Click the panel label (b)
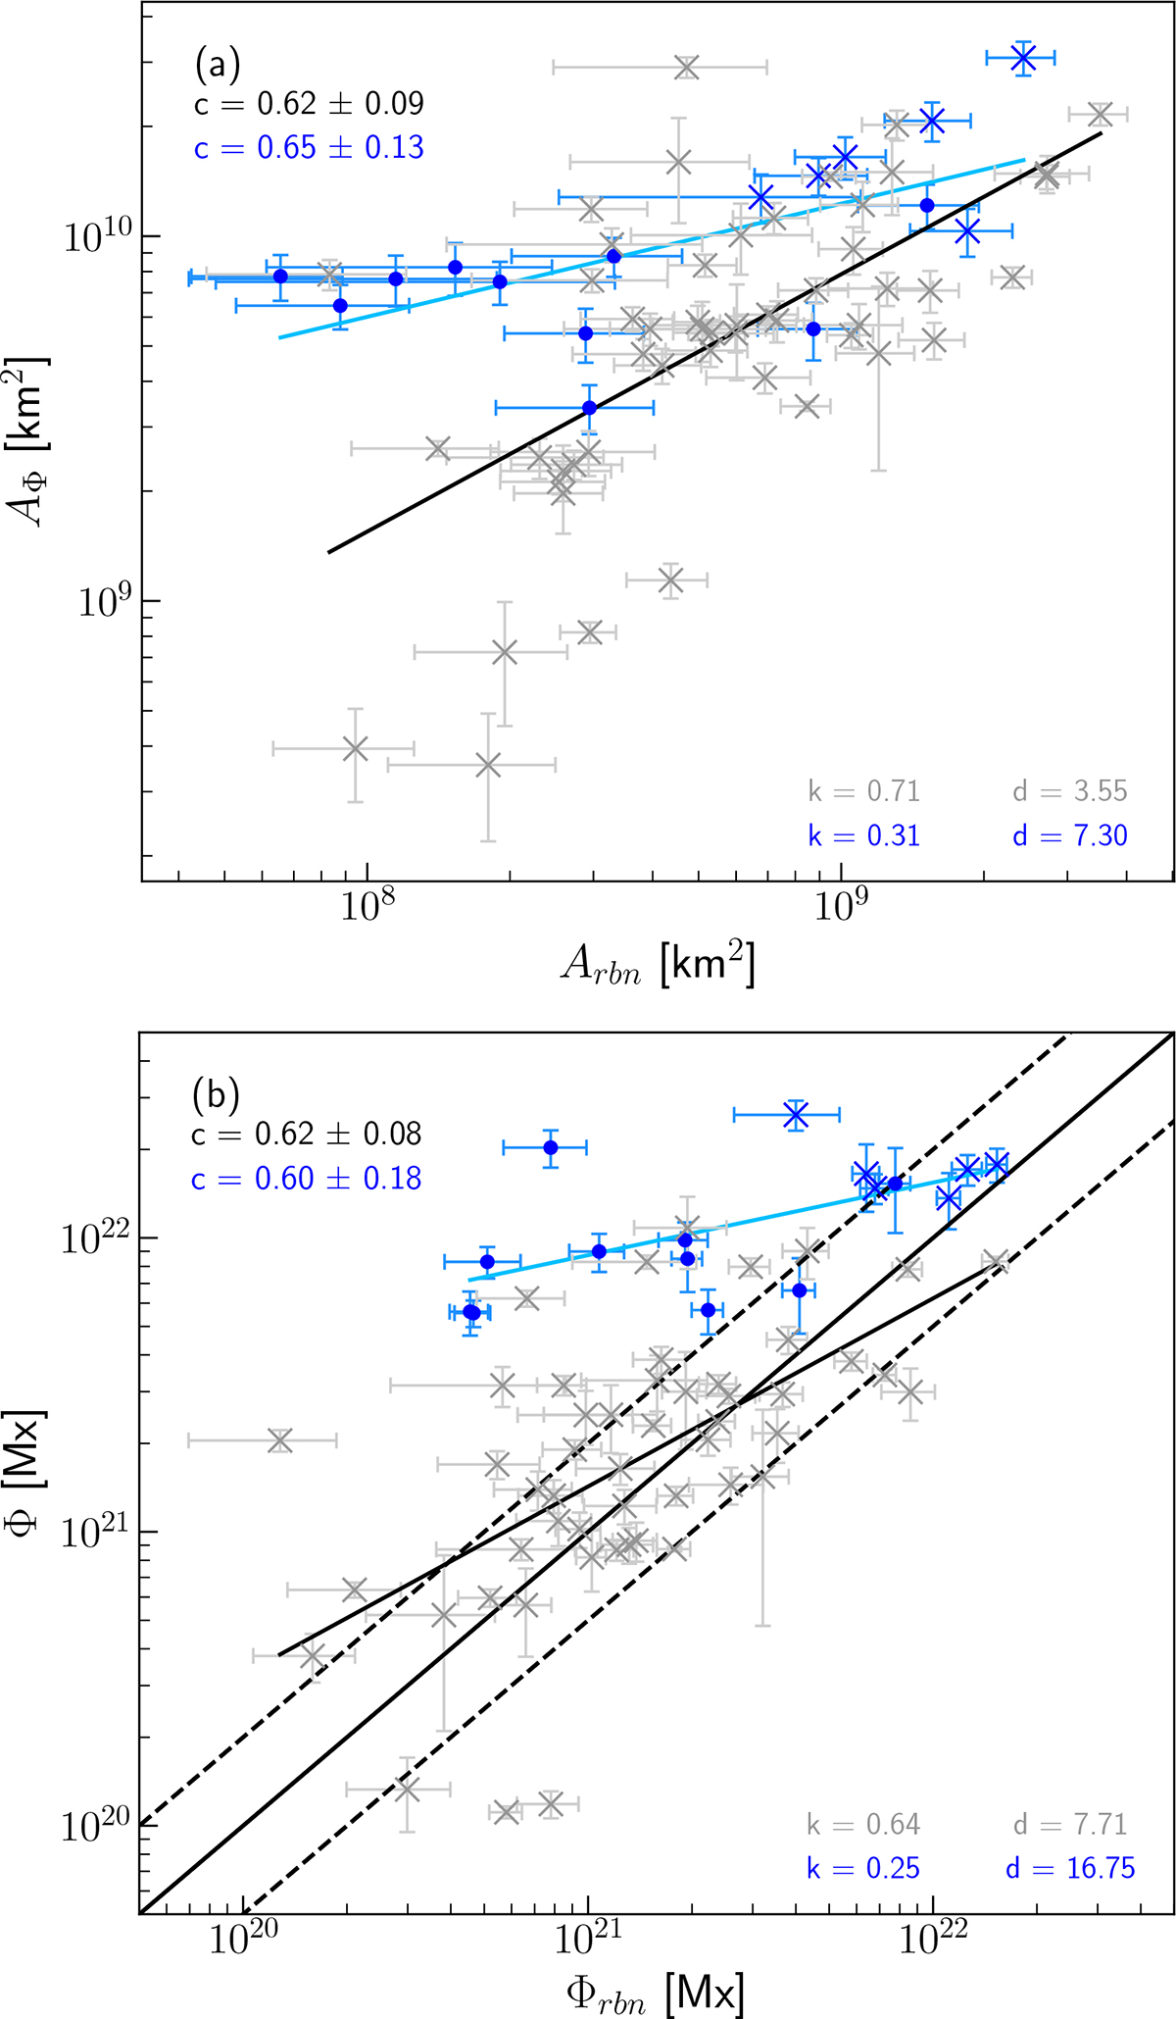pyautogui.click(x=217, y=1095)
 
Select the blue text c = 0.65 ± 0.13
pyautogui.click(x=309, y=148)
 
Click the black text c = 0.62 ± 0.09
pyautogui.click(x=309, y=104)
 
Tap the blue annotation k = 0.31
pyautogui.click(x=863, y=835)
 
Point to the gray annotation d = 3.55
pyautogui.click(x=1070, y=791)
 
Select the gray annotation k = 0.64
pyautogui.click(x=863, y=1824)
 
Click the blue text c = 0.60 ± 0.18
pyautogui.click(x=307, y=1178)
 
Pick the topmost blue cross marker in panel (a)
pyautogui.click(x=1023, y=59)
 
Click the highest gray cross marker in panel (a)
pyautogui.click(x=686, y=67)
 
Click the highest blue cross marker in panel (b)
pyautogui.click(x=796, y=1114)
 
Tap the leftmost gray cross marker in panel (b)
pyautogui.click(x=280, y=1440)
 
